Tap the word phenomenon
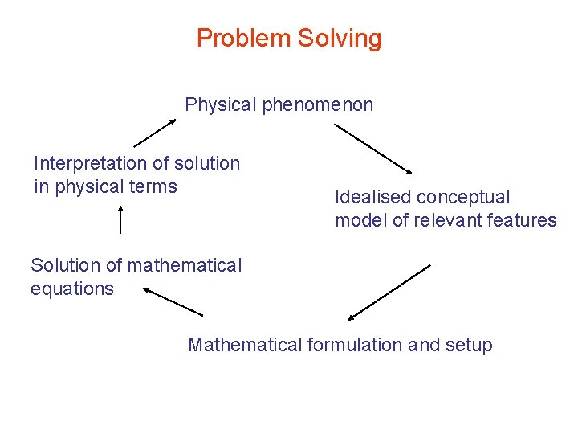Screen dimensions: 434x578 pyautogui.click(x=317, y=104)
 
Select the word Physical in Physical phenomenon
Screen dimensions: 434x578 pyautogui.click(x=221, y=104)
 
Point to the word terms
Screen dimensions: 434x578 pyautogui.click(x=153, y=186)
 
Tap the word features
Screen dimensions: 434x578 pyautogui.click(x=521, y=220)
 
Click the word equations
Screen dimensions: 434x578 pyautogui.click(x=72, y=289)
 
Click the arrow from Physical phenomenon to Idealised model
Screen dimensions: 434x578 pyautogui.click(x=372, y=149)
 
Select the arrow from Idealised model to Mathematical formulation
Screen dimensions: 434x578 pyautogui.click(x=389, y=292)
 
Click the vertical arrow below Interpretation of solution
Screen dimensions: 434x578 pyautogui.click(x=120, y=219)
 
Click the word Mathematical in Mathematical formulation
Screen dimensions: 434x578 pyautogui.click(x=245, y=345)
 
